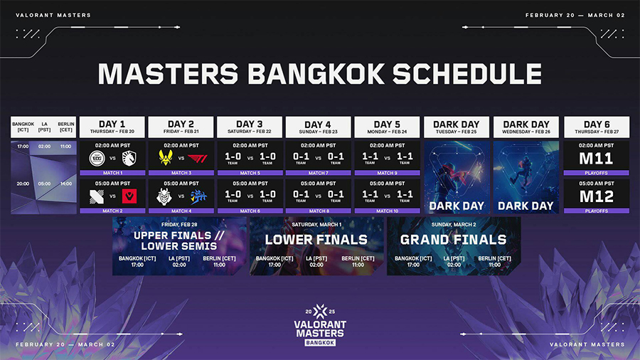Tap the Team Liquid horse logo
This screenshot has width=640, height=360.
point(128,158)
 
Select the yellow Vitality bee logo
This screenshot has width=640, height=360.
point(165,158)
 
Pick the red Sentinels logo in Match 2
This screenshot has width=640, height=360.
point(128,196)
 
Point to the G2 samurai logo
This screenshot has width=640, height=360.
point(165,196)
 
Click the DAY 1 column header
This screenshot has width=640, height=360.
point(112,127)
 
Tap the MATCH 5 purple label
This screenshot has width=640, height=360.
point(250,173)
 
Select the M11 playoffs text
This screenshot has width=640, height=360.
point(596,158)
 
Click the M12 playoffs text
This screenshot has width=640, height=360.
point(596,195)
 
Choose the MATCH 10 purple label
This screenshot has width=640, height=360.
point(387,211)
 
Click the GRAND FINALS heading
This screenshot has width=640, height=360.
point(453,240)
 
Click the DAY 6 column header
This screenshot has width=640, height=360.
point(596,127)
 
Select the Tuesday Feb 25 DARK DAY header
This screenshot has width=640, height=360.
point(456,127)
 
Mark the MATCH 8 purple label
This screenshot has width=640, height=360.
point(318,211)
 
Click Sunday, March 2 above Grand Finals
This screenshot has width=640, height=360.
point(453,224)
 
